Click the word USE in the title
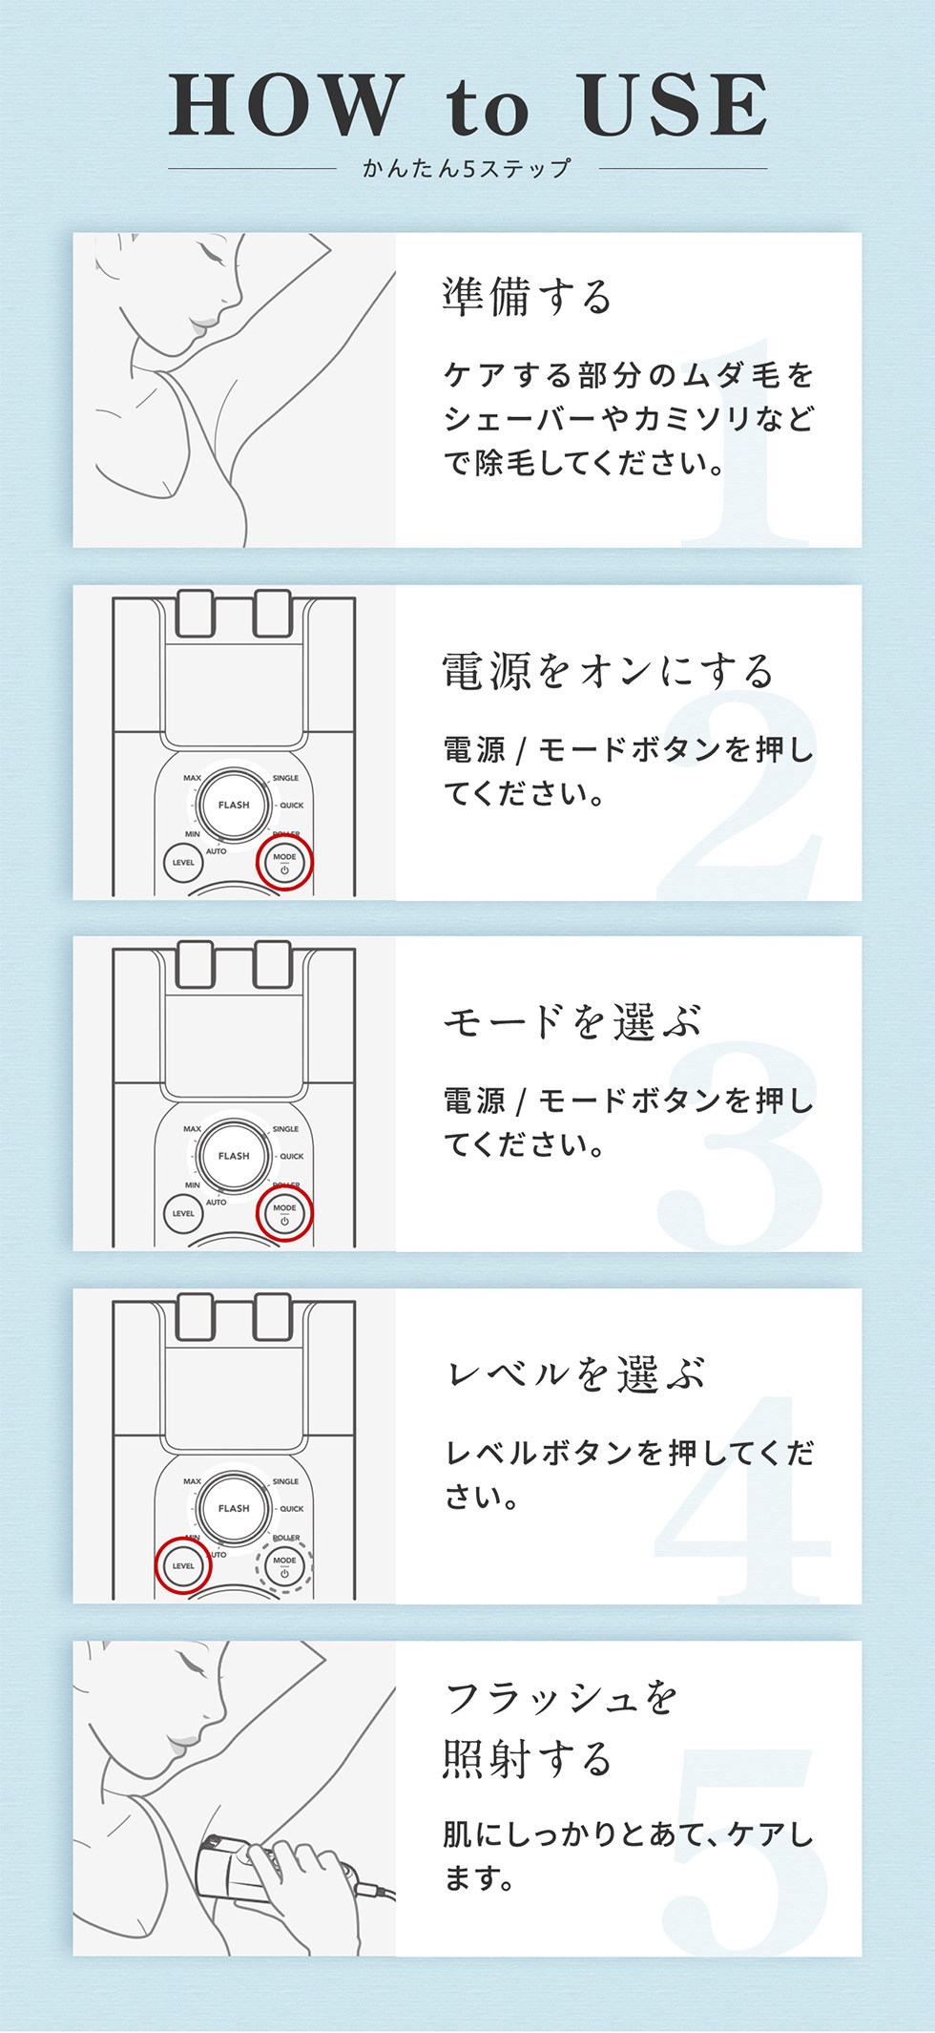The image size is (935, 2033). pos(674,105)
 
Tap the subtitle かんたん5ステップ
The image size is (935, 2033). pos(467,169)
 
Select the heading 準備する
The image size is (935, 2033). pos(527,297)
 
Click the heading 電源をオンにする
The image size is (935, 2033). pos(608,671)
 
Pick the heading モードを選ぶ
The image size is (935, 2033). pos(572,1022)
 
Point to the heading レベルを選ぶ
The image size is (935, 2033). pos(576,1374)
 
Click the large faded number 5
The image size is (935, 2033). pos(749,1852)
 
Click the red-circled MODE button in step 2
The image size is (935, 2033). pos(284,863)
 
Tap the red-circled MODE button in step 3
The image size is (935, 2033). pos(284,1214)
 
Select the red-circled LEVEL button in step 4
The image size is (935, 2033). pos(183,1565)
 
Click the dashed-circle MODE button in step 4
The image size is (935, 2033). pos(284,1565)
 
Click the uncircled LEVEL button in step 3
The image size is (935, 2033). pos(183,1214)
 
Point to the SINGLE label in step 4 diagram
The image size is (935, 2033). pos(285,1481)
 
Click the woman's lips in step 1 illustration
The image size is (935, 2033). pos(199,325)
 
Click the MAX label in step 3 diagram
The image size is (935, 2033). pos(192,1129)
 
